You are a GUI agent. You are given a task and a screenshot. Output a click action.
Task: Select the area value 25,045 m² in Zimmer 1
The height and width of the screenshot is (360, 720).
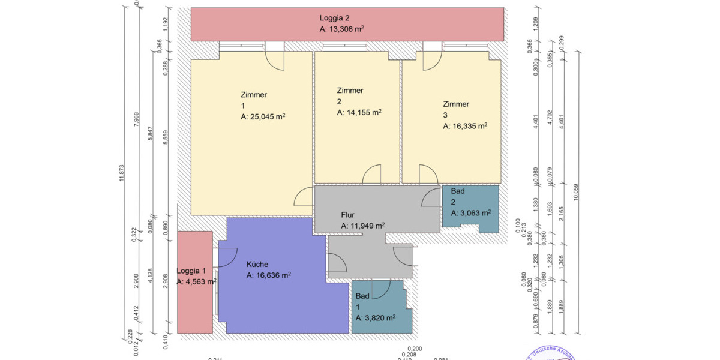(x=262, y=117)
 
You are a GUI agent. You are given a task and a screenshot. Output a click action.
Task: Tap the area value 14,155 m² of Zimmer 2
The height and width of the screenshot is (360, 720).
(x=359, y=112)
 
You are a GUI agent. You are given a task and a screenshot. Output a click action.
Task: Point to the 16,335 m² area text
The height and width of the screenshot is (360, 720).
(x=464, y=127)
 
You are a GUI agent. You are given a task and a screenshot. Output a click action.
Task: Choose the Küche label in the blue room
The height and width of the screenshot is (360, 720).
(x=257, y=264)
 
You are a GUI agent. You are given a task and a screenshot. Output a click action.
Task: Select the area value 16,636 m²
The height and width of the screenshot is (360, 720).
(x=269, y=275)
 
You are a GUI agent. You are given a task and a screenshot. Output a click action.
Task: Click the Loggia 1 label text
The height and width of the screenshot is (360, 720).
(x=191, y=271)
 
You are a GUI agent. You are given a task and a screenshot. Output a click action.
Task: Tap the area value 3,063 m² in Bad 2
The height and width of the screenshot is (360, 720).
(x=471, y=212)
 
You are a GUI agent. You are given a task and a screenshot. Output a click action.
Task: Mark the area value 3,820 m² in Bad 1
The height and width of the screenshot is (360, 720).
(x=375, y=318)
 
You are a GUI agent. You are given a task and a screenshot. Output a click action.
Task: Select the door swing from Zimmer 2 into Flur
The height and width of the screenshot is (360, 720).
(x=372, y=175)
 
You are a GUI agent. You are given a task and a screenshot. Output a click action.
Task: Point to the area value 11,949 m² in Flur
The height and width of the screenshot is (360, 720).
(x=362, y=226)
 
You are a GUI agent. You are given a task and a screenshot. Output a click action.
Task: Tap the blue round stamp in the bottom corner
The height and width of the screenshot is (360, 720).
(x=549, y=354)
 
